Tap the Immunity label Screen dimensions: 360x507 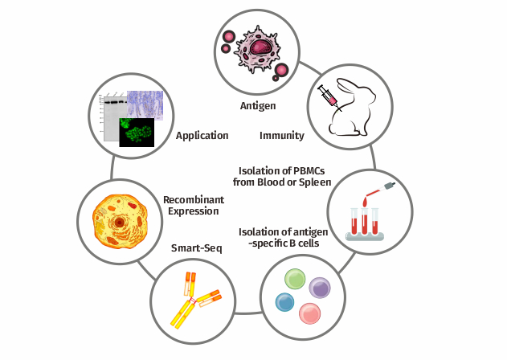tap(281, 135)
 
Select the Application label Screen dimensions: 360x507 tap(202, 135)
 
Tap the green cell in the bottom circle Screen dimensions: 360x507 tap(296, 280)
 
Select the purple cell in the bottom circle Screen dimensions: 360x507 tap(321, 288)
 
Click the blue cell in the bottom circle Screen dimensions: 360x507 tap(284, 302)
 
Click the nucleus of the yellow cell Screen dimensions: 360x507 tap(119, 220)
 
